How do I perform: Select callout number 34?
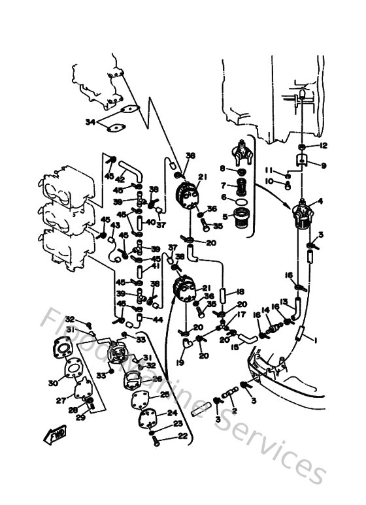click(90, 122)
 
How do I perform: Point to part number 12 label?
click(323, 145)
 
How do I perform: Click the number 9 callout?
click(323, 166)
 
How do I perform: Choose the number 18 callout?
click(241, 291)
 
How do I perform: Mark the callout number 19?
click(180, 361)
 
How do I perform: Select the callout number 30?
click(53, 383)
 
